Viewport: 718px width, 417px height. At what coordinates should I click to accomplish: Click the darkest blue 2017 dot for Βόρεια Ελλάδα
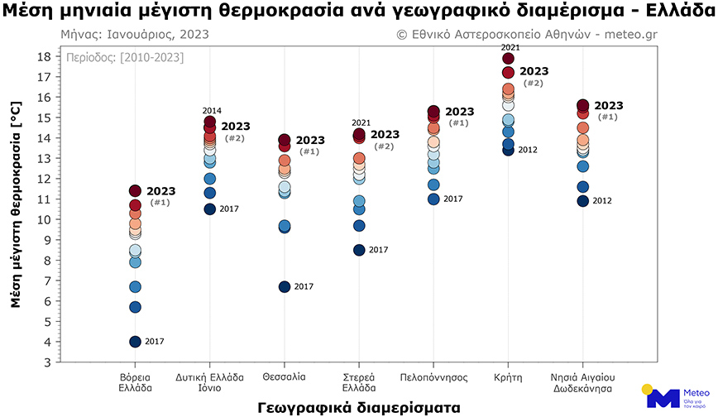pos(135,342)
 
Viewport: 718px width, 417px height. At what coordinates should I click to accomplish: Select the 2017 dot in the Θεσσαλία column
pos(285,286)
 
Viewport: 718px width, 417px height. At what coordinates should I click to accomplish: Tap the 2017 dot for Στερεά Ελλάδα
pos(359,250)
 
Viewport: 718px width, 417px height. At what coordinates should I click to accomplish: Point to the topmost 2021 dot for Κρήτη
pos(509,58)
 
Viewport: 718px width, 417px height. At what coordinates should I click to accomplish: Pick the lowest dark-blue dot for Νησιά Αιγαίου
pos(582,201)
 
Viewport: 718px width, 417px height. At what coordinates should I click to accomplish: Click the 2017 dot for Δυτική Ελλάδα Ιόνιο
pos(210,208)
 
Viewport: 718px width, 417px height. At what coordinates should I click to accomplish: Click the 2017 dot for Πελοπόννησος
pos(433,199)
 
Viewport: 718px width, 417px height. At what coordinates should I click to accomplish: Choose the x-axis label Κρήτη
pos(508,376)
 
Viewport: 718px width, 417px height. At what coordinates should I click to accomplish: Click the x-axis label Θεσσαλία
pos(284,376)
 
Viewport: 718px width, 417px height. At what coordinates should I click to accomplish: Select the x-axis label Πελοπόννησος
pos(433,376)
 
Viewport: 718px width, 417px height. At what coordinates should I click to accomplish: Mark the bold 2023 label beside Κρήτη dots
pos(534,71)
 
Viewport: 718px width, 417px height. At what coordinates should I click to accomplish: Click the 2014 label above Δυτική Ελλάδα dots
pos(212,110)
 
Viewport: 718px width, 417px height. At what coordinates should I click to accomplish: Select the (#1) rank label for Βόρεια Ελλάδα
pos(160,203)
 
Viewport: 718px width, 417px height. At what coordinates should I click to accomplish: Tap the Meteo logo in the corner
pos(668,395)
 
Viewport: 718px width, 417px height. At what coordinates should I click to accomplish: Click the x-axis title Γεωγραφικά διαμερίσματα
pos(358,407)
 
